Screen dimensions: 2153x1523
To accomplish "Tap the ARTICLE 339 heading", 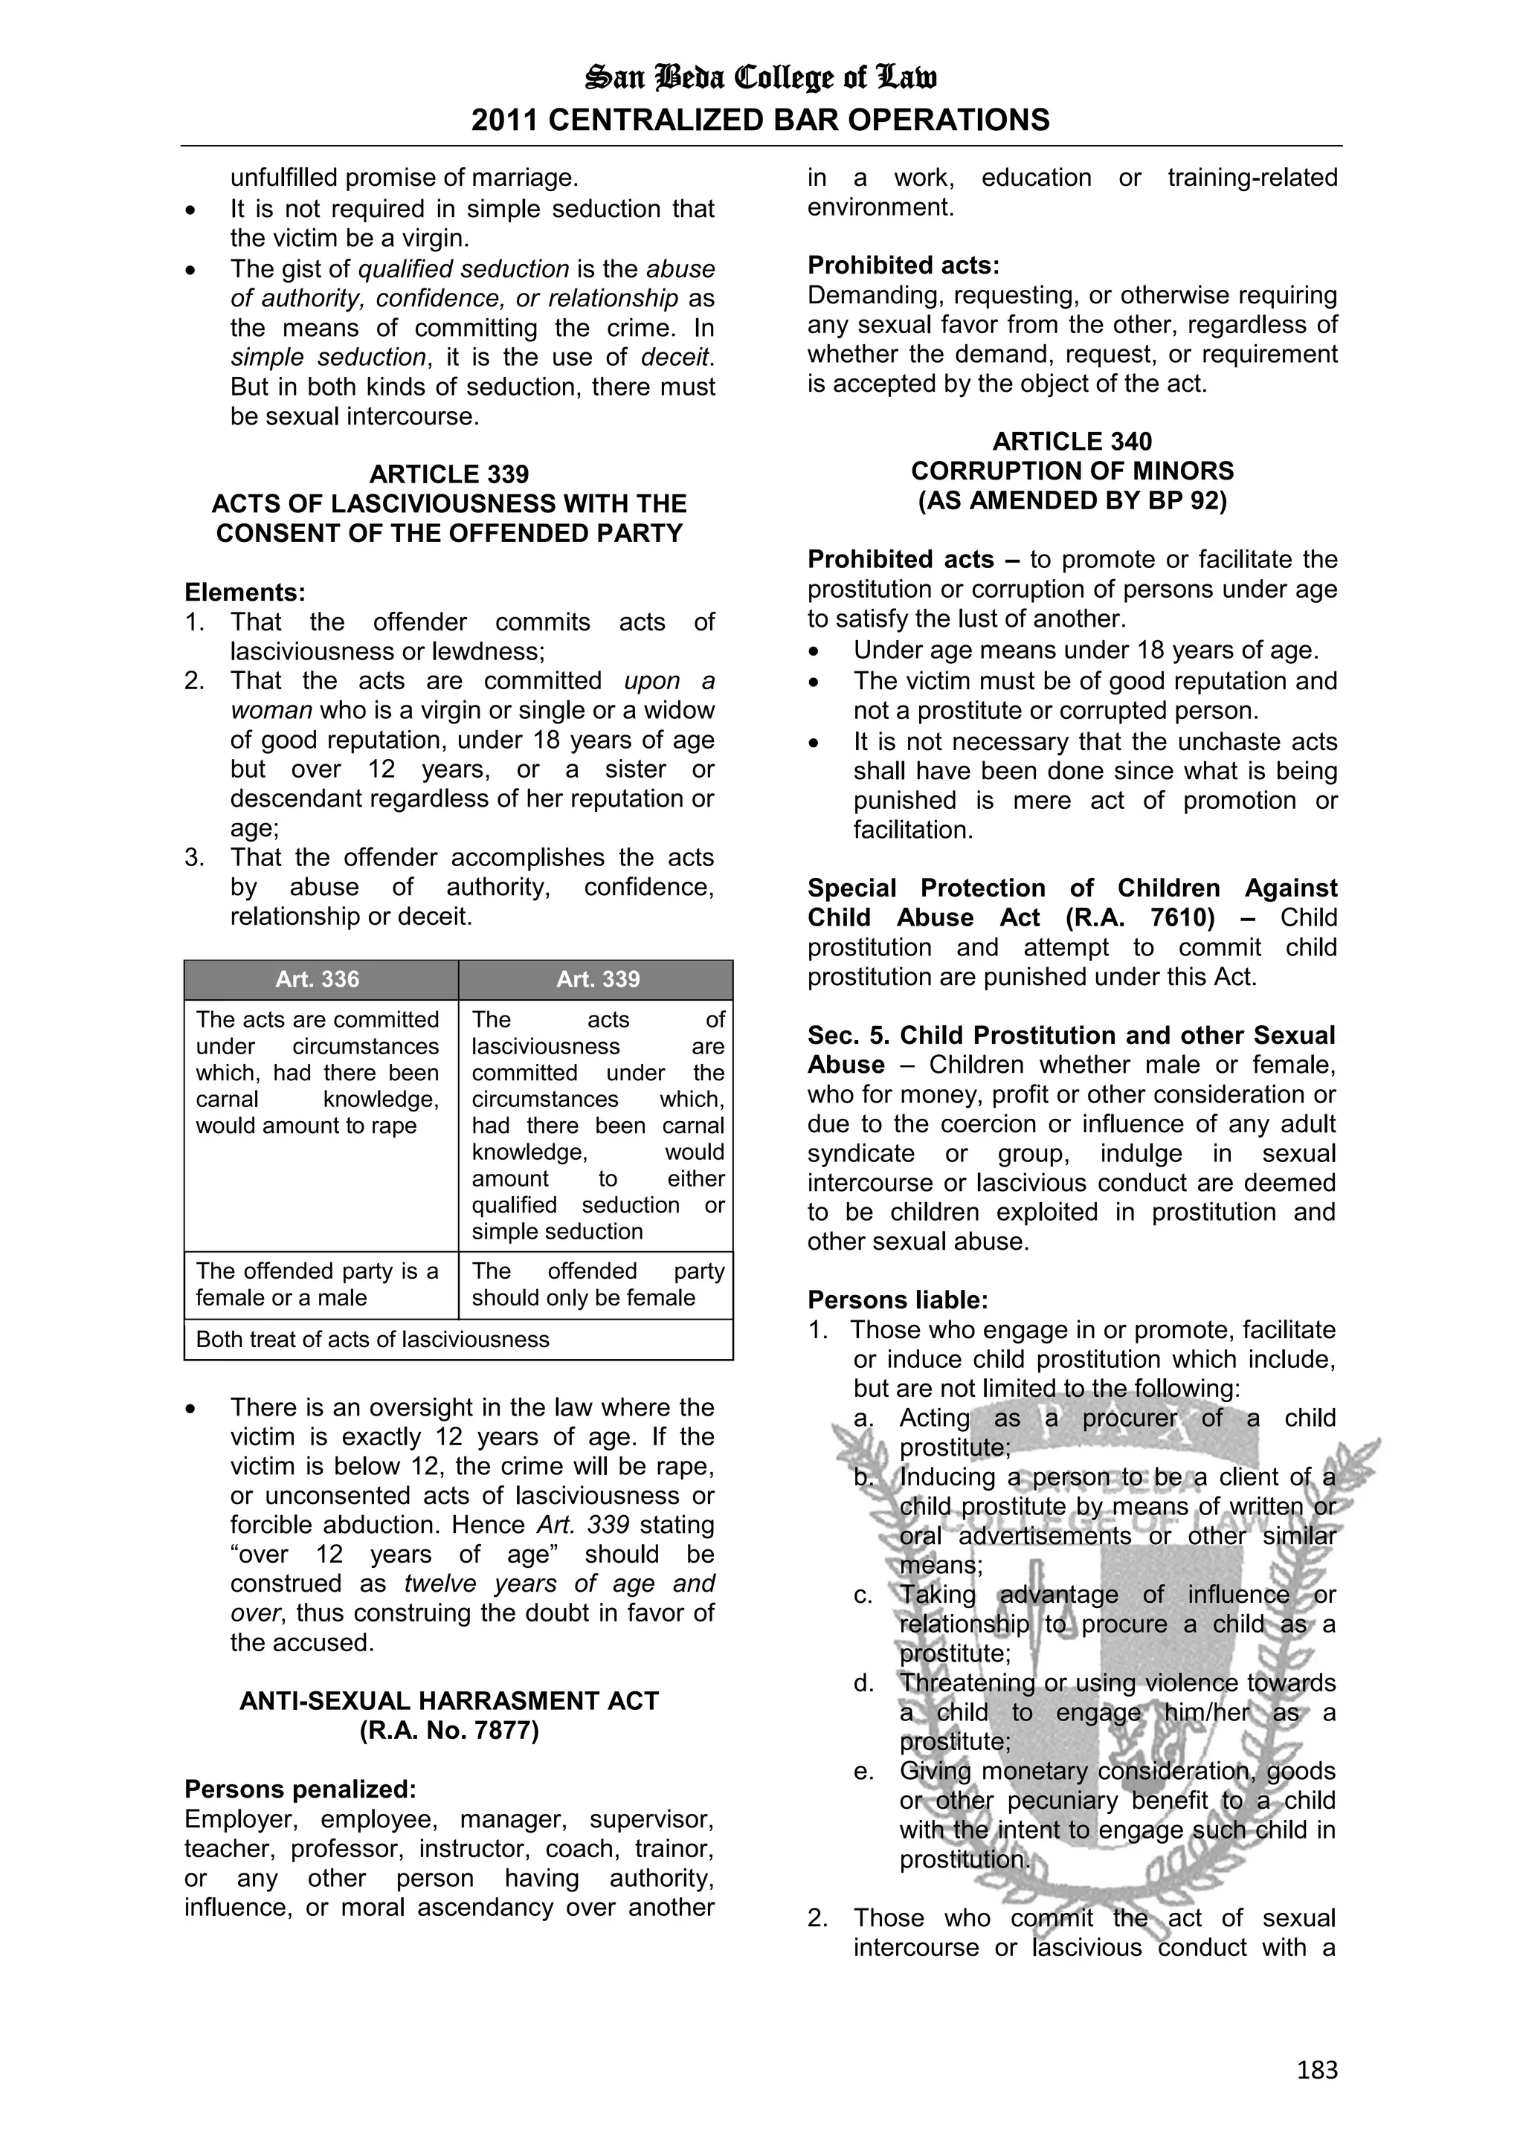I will pyautogui.click(x=448, y=474).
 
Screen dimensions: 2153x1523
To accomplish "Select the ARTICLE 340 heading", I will pyautogui.click(x=1072, y=441).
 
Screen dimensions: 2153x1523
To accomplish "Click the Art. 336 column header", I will pyautogui.click(x=317, y=979).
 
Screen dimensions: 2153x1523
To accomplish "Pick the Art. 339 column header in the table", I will pyautogui.click(x=597, y=979).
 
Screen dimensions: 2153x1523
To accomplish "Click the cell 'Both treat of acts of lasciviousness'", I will pyautogui.click(x=373, y=1339).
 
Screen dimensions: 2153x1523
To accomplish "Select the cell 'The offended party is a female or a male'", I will pyautogui.click(x=317, y=1284).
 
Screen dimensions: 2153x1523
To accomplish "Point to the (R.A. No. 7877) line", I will pyautogui.click(x=448, y=1730).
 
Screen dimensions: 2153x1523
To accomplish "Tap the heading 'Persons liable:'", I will pyautogui.click(x=898, y=1300).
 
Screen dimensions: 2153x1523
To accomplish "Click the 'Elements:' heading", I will pyautogui.click(x=245, y=592).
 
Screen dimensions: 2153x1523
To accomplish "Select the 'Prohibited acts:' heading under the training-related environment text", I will pyautogui.click(x=903, y=265).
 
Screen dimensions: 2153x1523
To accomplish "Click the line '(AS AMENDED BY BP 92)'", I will pyautogui.click(x=1072, y=500).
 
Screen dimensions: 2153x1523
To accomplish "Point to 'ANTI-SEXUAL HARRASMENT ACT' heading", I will pyautogui.click(x=448, y=1700).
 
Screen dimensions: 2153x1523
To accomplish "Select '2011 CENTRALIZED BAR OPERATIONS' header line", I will pyautogui.click(x=761, y=120).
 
